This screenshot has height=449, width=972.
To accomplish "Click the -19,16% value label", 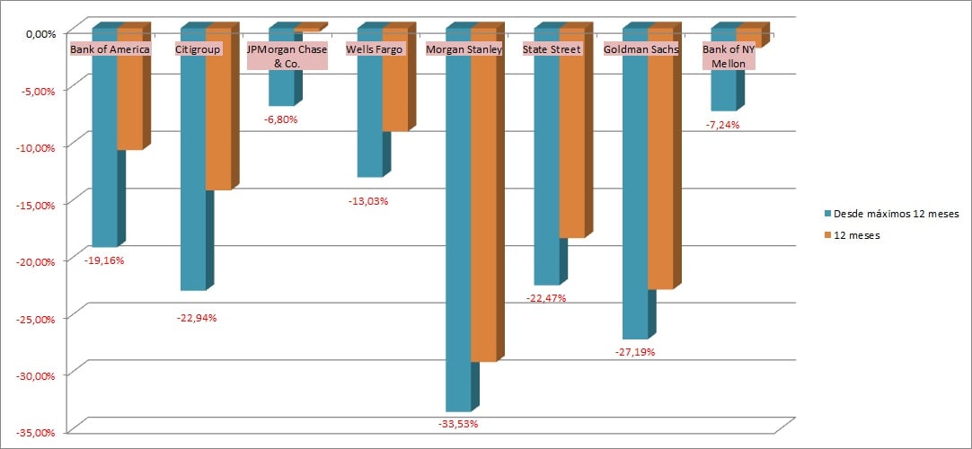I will pos(104,260).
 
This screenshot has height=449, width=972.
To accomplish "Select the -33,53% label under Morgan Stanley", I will pos(457,423).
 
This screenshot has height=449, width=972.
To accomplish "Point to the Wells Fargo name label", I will pos(375,49).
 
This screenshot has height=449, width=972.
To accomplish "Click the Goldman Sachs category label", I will pos(640,49).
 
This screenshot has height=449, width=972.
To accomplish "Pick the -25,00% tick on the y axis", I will pos(36,318).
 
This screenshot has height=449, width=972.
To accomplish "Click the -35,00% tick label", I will pos(36,432).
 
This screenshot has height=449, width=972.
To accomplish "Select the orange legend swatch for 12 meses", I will pos(828,235).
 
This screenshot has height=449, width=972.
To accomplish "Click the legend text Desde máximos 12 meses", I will pos(897,215).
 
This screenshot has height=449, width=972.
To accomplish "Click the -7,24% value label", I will pos(723,125).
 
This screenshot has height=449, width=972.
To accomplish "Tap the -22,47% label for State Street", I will pos(545,298).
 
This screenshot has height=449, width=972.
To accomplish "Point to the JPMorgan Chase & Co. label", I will pos(281,57).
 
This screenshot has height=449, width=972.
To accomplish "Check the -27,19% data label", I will pos(634,352).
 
